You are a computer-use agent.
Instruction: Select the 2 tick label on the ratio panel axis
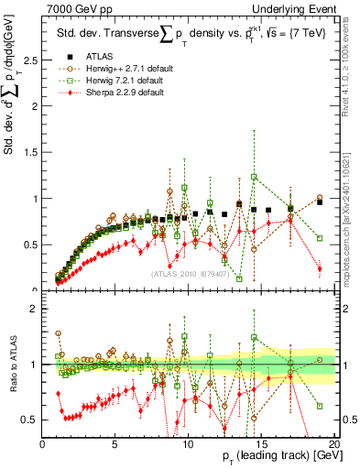pos(34,309)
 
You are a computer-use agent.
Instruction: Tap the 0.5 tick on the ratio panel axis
pos(30,420)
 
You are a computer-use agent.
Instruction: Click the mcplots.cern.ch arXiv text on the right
pos(351,211)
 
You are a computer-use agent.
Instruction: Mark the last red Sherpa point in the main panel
pos(319,268)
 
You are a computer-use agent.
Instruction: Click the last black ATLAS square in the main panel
pos(319,202)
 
